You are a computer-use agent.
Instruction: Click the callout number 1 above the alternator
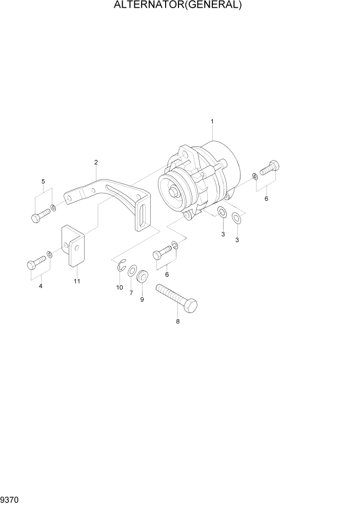(212, 122)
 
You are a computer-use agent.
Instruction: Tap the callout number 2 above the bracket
(96, 163)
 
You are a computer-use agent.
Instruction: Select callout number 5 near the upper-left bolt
(43, 181)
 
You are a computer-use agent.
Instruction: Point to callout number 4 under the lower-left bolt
(41, 286)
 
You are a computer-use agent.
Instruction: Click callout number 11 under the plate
(77, 281)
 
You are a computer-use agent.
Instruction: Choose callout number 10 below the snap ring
(119, 287)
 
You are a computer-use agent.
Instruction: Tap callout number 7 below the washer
(131, 292)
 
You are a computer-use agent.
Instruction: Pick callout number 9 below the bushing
(142, 299)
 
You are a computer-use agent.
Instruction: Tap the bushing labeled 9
(142, 277)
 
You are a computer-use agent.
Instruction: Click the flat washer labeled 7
(131, 270)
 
